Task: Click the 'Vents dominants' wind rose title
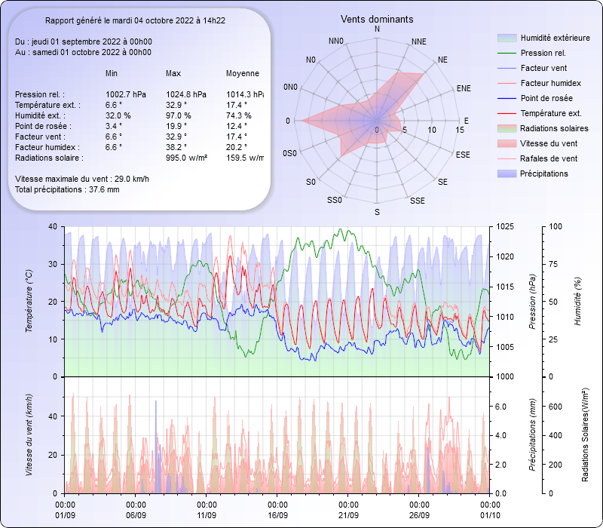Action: click(x=377, y=19)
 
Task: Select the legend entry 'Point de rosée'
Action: click(x=546, y=98)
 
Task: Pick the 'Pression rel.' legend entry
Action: click(x=543, y=53)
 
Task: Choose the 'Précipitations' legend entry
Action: click(x=544, y=173)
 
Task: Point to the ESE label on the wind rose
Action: click(x=464, y=154)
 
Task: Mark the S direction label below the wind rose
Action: click(x=377, y=213)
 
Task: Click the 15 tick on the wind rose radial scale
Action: click(x=460, y=130)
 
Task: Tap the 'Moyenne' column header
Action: click(x=242, y=73)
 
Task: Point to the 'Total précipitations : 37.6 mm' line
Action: click(x=67, y=189)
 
